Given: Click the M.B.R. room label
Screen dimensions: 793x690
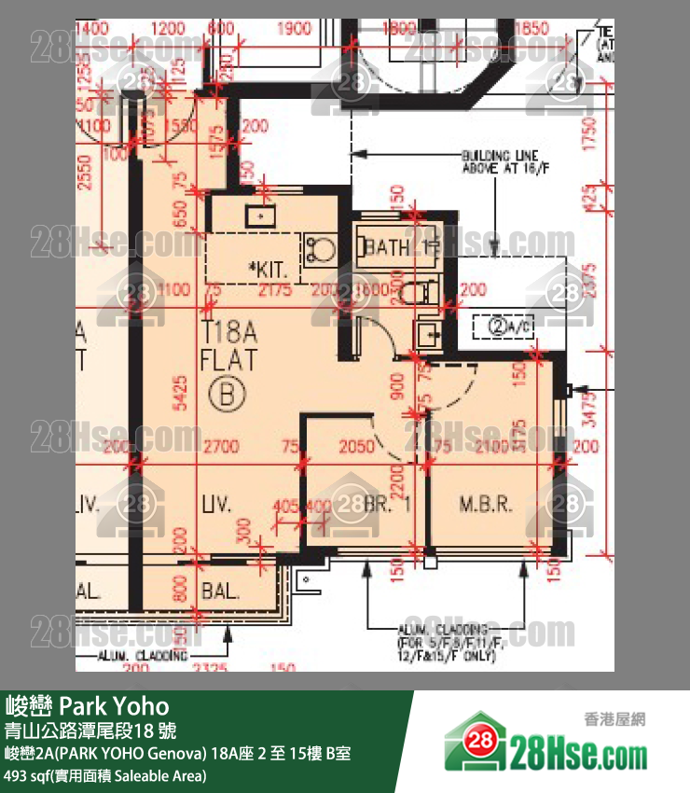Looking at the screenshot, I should point(486,506).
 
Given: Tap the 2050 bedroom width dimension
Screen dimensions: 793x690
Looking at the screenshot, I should point(356,447).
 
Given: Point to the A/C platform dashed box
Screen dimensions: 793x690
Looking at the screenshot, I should point(511,327).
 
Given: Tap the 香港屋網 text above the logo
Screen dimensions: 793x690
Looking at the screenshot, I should point(614,718).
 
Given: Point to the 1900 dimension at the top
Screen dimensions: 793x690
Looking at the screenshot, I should point(295,29).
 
